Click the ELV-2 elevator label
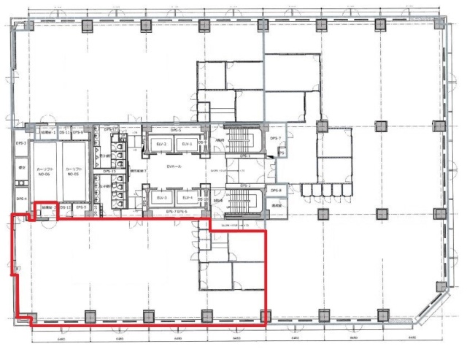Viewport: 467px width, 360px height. pos(162,145)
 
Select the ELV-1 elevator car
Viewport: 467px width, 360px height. pos(187,145)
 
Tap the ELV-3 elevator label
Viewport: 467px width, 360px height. pos(162,198)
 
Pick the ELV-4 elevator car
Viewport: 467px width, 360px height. pos(187,198)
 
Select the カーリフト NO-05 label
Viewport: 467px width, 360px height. pos(72,172)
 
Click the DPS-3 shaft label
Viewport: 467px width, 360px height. pos(21,143)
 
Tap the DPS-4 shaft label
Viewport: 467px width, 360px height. pos(21,199)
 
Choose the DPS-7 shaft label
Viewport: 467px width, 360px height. pos(275,138)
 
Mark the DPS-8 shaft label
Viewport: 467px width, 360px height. pos(275,191)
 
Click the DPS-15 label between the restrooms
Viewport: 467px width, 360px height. pos(110,171)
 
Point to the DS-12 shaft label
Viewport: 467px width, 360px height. pos(65,207)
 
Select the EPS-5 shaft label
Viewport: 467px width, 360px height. pos(80,207)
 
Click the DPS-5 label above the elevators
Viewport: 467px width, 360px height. pos(175,130)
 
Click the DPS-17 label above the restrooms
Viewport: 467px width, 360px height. pos(114,129)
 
